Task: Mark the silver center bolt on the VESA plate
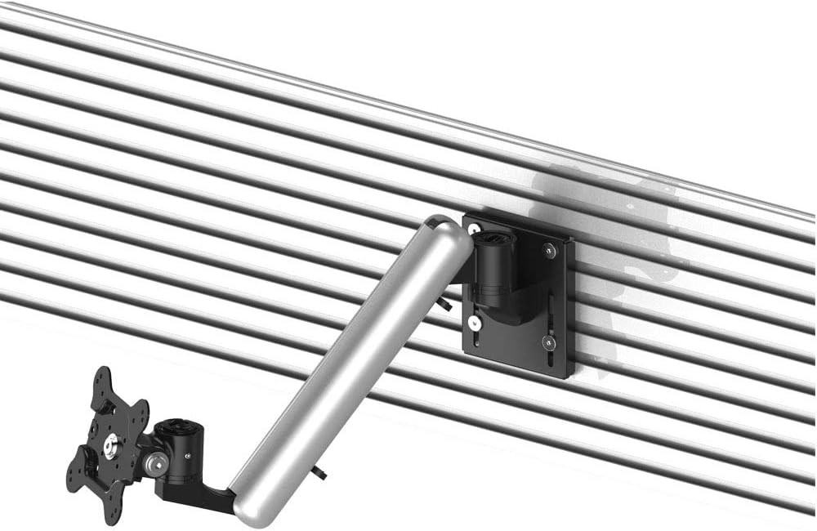(109, 443)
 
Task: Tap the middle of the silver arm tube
(351, 368)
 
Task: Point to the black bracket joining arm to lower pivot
(204, 493)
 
